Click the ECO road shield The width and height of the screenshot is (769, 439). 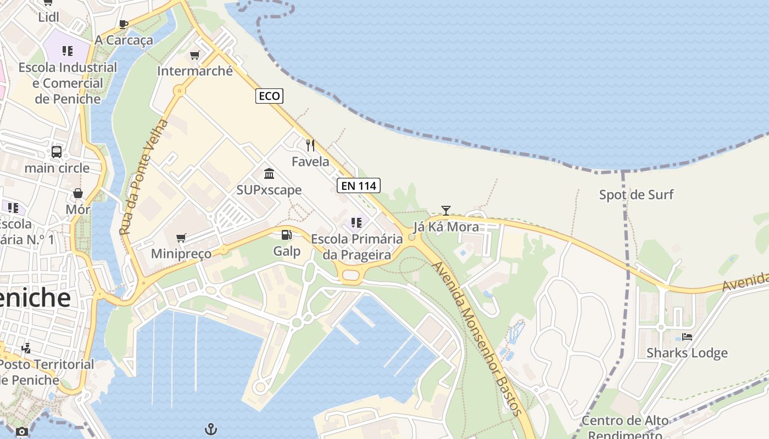coord(269,96)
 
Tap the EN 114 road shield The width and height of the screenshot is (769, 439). coord(359,185)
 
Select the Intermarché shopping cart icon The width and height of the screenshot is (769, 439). coord(194,55)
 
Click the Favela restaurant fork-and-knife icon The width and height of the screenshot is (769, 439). coord(310,145)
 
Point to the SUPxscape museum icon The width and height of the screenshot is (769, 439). coord(269,174)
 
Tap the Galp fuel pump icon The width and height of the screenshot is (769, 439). coord(286,235)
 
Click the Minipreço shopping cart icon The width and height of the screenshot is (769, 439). coord(181,238)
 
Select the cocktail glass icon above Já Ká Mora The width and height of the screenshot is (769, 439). coord(446,210)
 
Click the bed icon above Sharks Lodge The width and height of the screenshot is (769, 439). coord(687,336)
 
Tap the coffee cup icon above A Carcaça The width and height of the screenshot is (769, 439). coord(124,24)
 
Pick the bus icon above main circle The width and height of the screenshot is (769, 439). coord(57,151)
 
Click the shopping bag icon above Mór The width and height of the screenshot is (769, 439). coord(78,193)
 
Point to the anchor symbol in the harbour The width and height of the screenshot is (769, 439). coord(211,429)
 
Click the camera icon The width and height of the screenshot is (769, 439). coord(22,431)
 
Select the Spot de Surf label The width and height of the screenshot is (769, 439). coord(636,195)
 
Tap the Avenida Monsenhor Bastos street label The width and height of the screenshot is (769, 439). coord(476,337)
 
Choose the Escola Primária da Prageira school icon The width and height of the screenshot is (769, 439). coord(356,223)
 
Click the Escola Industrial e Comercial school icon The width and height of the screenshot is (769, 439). coord(68,51)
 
